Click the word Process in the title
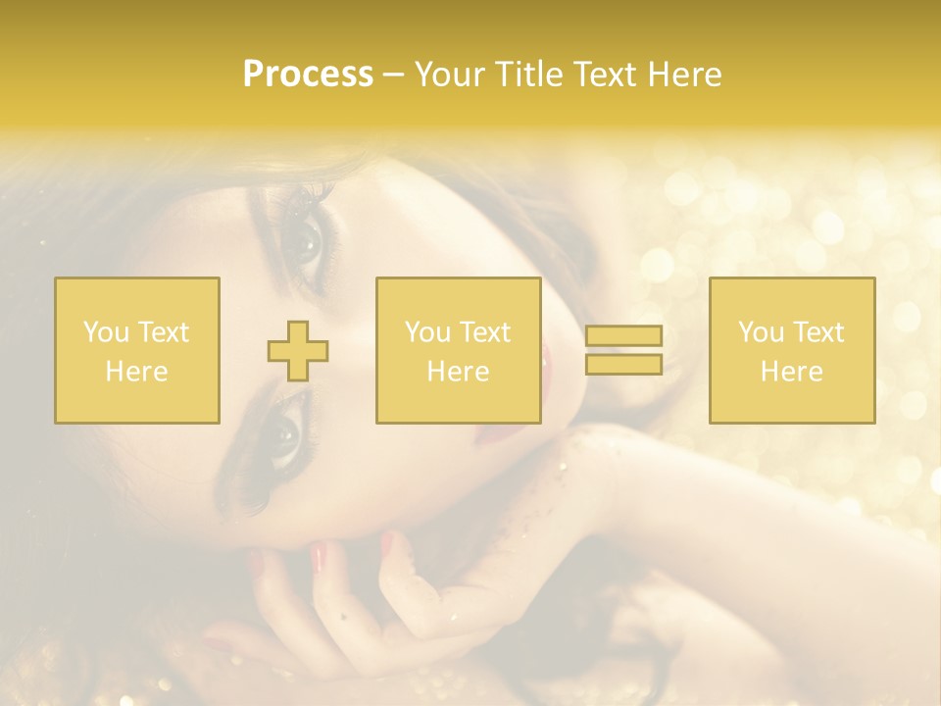tap(308, 75)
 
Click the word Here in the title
tap(686, 75)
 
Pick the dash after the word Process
tap(392, 76)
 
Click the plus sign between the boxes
tap(298, 350)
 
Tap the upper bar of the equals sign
tap(623, 335)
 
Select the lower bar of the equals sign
tap(623, 365)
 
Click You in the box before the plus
tap(105, 332)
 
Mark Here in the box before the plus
tap(136, 372)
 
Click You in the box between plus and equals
tap(426, 332)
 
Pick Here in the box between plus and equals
tap(458, 372)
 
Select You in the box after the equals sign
tap(760, 332)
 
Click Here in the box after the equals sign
tap(791, 372)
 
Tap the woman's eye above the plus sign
tap(304, 241)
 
